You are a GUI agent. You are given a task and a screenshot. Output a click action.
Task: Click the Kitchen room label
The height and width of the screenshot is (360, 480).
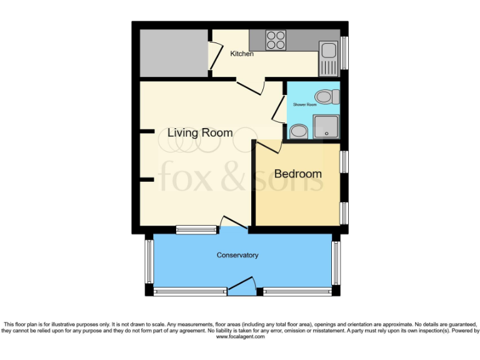242,54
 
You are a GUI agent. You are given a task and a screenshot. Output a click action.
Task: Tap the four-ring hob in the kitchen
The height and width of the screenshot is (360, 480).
276,40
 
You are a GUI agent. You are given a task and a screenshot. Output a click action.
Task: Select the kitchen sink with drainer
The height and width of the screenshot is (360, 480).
327,56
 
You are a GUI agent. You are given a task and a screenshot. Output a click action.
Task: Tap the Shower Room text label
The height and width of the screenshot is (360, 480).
305,104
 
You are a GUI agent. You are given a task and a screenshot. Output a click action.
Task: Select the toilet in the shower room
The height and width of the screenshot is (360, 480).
326,97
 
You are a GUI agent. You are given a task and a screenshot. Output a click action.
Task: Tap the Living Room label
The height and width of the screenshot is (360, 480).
200,132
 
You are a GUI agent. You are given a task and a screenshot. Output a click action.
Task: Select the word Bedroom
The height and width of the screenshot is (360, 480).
298,173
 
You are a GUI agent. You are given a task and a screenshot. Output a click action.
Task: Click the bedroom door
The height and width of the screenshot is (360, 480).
269,146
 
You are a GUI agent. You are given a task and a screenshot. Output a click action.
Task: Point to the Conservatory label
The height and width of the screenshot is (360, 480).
237,255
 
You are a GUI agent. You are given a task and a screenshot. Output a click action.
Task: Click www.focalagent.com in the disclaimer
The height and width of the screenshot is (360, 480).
241,336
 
